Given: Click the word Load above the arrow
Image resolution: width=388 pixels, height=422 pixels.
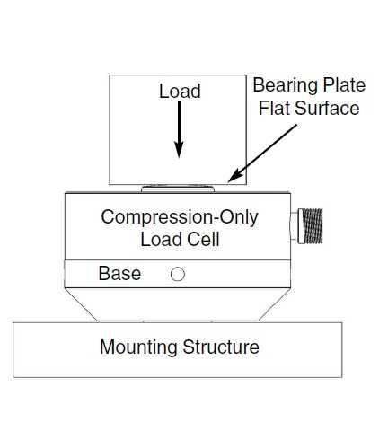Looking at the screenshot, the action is point(180,91).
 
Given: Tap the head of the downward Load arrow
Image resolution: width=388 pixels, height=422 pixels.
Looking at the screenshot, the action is point(179,150).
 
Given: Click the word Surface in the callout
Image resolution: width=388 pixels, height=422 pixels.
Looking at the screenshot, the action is point(327,108).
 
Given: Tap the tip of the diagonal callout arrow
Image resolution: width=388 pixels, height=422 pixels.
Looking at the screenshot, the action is point(228,181).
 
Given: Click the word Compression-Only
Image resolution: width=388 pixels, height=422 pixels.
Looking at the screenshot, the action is point(180,217).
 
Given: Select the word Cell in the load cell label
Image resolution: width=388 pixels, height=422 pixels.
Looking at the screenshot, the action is point(205,239).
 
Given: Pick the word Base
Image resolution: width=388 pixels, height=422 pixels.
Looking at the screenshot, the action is point(119,273).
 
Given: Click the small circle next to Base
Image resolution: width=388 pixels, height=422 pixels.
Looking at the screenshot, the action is point(178,274).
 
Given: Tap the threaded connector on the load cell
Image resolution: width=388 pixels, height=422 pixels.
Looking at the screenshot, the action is point(310,226).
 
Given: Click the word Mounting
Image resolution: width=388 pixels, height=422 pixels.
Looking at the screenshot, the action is point(138,347).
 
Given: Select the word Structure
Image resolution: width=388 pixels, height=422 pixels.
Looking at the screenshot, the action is point(221,347).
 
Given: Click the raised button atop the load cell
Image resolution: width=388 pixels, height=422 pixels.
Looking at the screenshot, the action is point(178,189).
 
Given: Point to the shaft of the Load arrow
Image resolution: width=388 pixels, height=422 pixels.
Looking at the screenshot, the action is point(179,121).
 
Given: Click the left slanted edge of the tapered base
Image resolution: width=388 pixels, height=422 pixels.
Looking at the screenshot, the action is point(82,304).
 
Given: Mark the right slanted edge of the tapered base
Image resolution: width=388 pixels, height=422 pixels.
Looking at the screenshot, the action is point(274,304).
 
